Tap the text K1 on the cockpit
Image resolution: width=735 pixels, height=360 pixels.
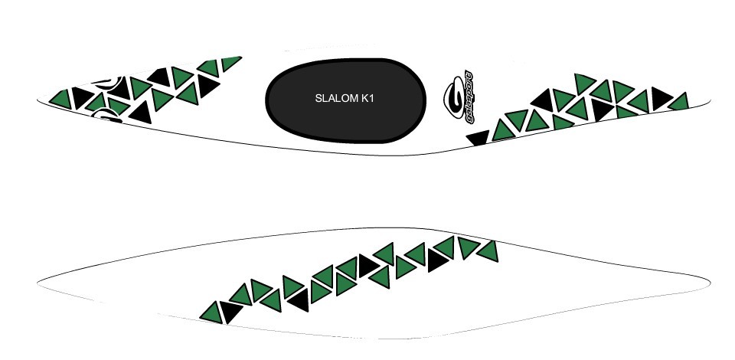click(367, 99)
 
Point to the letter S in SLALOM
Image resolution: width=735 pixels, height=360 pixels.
click(318, 99)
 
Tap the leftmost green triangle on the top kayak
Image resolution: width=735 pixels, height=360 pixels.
click(60, 98)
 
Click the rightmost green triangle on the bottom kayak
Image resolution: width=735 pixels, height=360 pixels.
click(487, 250)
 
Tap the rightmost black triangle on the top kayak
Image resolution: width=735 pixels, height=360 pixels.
click(660, 99)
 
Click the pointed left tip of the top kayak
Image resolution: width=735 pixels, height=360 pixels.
click(38, 100)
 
